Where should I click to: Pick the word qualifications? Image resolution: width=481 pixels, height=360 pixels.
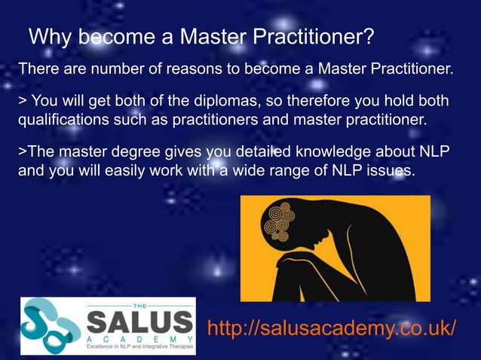[61, 120]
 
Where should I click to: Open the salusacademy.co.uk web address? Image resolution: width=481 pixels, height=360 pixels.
[331, 329]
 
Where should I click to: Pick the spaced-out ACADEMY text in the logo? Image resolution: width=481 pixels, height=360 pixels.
[139, 340]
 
